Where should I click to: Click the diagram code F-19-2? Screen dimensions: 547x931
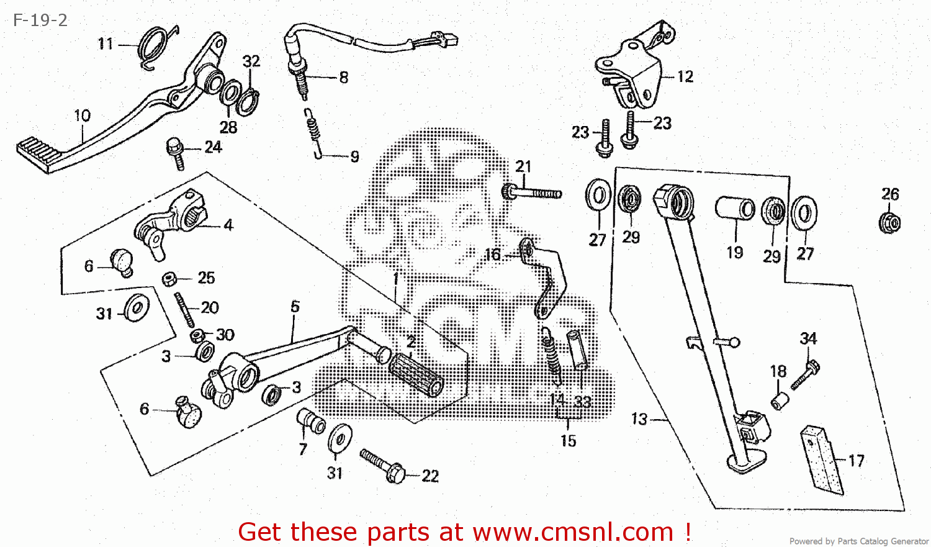(40, 20)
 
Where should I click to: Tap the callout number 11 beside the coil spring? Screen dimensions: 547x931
(106, 44)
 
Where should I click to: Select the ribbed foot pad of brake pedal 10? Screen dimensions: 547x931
(35, 153)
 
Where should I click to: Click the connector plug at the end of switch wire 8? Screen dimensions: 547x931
(448, 40)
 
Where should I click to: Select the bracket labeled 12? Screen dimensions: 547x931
(633, 71)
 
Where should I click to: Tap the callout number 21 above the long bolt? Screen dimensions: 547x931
(523, 166)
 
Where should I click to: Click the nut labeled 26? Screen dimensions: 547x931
(889, 222)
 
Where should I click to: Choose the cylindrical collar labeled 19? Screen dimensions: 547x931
(735, 208)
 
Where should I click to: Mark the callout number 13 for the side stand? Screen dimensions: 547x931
(639, 419)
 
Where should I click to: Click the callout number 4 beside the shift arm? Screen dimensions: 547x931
(228, 225)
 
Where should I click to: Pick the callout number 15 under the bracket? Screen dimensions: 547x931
(568, 441)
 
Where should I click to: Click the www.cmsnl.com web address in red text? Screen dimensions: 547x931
(573, 532)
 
